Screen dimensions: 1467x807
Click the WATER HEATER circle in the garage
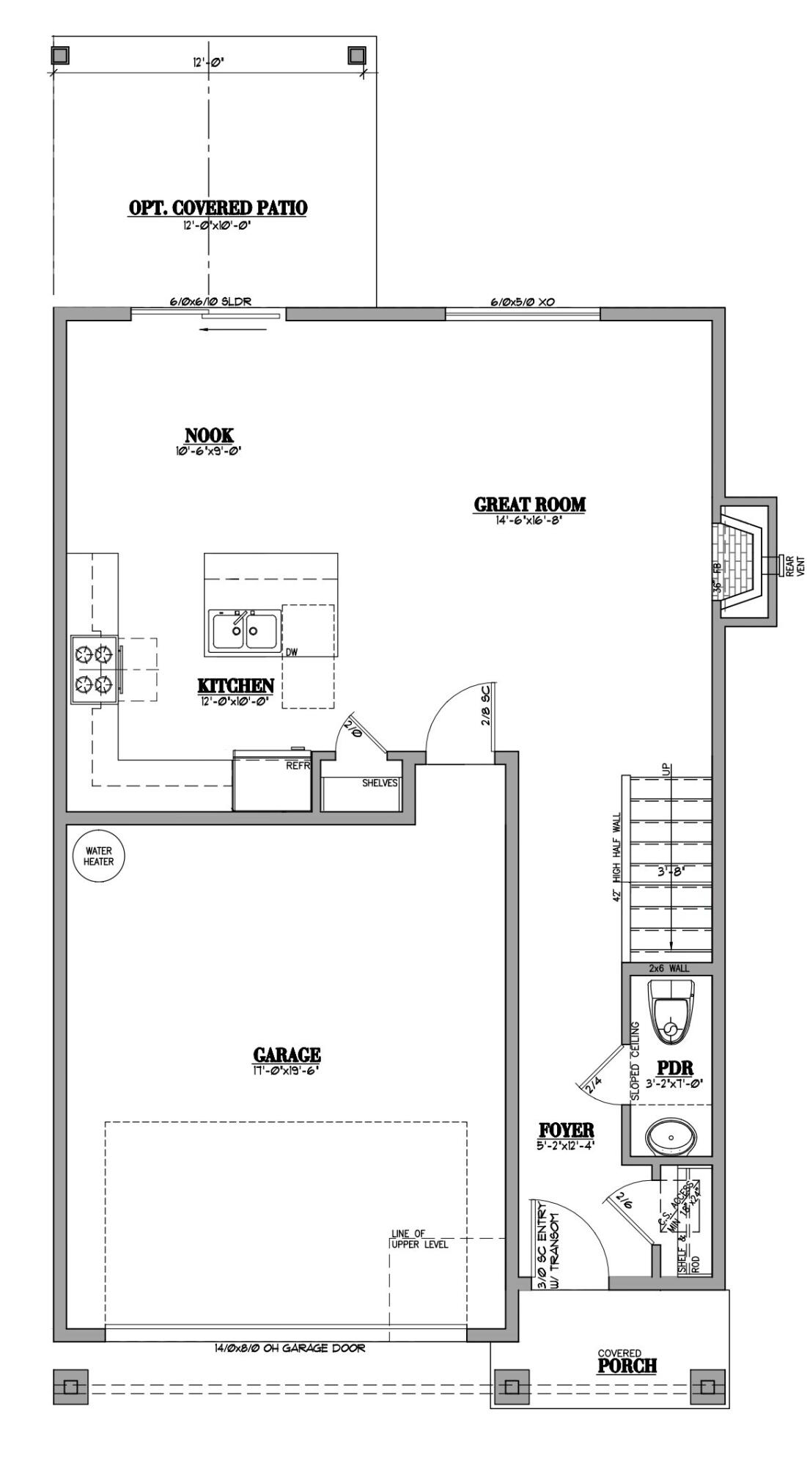[x=98, y=856]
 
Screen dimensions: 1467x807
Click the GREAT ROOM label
[x=529, y=505]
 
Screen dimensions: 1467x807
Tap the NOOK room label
[x=209, y=436]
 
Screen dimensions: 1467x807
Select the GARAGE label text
[x=287, y=1055]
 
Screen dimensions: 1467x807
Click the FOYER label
[x=566, y=1130]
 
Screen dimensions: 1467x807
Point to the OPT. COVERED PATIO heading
[x=218, y=208]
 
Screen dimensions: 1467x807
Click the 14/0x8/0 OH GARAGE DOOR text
[x=290, y=1347]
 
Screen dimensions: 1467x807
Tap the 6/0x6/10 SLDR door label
[x=210, y=301]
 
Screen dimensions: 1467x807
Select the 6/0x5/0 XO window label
[x=521, y=301]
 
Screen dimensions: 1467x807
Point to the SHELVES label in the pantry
[x=380, y=783]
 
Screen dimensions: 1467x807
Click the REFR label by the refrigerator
[x=298, y=765]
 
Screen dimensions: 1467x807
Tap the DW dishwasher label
[x=292, y=651]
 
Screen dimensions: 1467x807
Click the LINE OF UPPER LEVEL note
[x=418, y=1239]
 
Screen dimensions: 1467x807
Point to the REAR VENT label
[x=795, y=565]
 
